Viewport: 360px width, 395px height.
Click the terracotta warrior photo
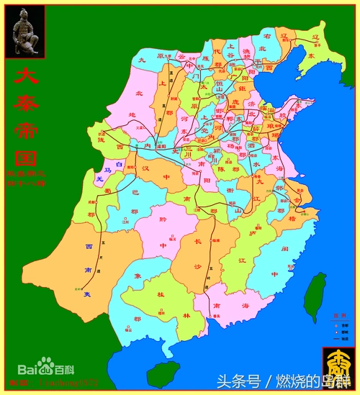click(x=26, y=32)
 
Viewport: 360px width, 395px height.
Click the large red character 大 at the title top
click(x=26, y=78)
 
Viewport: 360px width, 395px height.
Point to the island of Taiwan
click(x=315, y=296)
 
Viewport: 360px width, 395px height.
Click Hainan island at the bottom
click(x=163, y=374)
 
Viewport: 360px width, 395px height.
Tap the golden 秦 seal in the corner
click(x=339, y=363)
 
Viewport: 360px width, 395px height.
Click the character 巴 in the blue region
click(x=134, y=193)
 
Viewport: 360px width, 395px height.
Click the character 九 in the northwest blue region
click(x=143, y=60)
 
